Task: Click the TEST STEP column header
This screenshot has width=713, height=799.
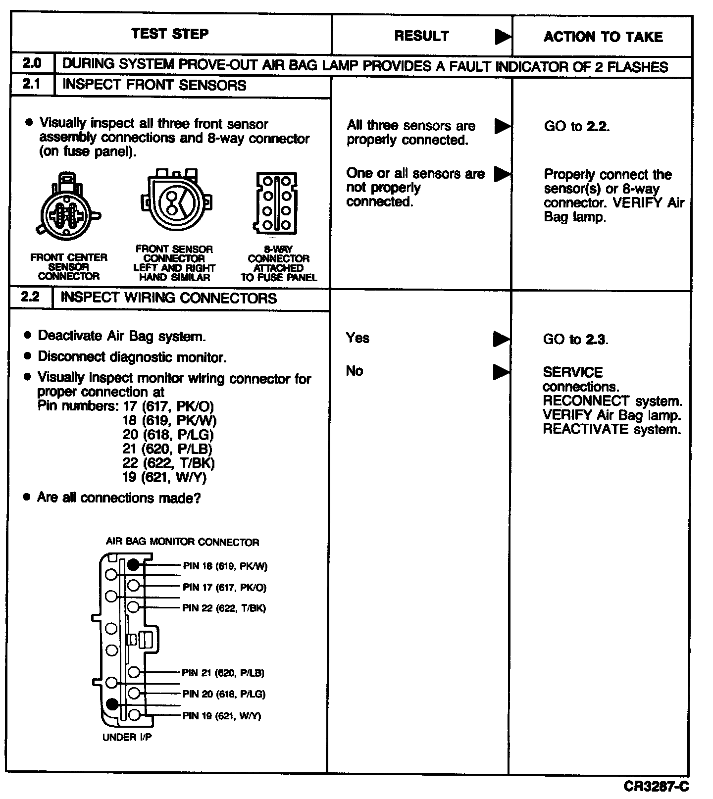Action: (x=170, y=34)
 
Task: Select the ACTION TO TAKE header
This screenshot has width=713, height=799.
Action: (x=603, y=37)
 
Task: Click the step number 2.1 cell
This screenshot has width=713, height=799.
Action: (x=31, y=84)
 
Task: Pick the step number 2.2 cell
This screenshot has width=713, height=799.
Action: (x=30, y=298)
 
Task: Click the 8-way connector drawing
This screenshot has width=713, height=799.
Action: (x=276, y=202)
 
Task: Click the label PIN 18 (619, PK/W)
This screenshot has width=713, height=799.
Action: (x=225, y=566)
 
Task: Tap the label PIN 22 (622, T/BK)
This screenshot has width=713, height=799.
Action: (x=224, y=608)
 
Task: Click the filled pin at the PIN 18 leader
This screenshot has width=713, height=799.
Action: (x=133, y=564)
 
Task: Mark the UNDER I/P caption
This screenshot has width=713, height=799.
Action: (x=127, y=737)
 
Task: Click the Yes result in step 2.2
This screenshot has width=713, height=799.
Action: (x=357, y=338)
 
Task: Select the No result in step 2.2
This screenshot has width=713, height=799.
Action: (x=355, y=371)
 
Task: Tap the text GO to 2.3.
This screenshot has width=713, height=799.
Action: (x=575, y=340)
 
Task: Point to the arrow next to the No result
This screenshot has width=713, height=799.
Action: (x=501, y=372)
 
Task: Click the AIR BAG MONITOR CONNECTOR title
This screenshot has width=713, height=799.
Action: (x=182, y=542)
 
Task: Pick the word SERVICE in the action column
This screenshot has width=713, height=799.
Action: (x=572, y=372)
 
